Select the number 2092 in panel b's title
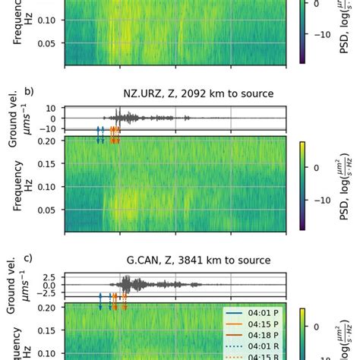(195, 94)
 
